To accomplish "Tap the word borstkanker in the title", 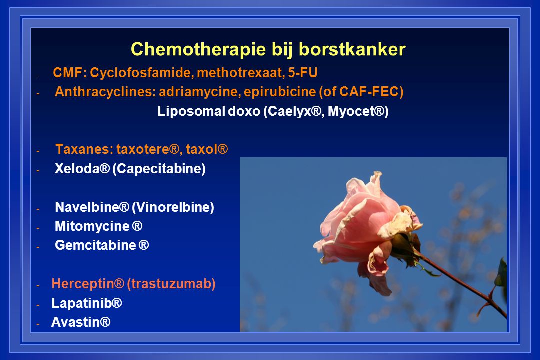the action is click(x=352, y=49).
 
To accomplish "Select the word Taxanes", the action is click(x=84, y=149).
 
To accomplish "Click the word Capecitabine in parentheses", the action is click(x=159, y=169).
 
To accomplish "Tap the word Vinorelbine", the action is click(x=173, y=207).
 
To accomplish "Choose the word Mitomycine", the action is click(x=92, y=226).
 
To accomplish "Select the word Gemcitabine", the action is click(x=95, y=245).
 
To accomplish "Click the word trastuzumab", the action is click(x=171, y=284).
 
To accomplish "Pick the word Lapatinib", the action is click(x=82, y=303).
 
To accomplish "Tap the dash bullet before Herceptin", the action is click(x=38, y=285).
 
